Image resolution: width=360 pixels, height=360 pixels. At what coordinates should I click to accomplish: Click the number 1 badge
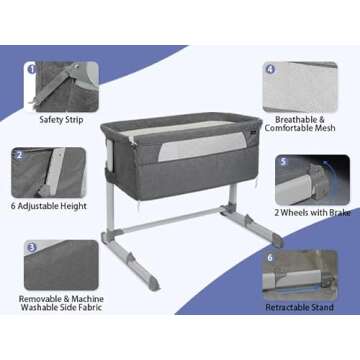pos(32,69)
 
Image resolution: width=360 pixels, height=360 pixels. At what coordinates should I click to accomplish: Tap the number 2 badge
pos(20,155)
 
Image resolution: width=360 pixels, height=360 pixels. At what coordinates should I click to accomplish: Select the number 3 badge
pos(32,248)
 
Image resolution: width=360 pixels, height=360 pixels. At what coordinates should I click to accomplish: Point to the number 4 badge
pos(270,70)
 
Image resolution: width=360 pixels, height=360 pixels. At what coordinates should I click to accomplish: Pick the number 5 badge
pos(283,162)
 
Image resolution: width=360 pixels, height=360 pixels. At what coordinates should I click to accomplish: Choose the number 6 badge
pos(270,257)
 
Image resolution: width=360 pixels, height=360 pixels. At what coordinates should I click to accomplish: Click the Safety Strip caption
pos(61,120)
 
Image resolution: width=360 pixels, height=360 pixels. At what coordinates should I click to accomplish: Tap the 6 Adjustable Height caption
pos(49,206)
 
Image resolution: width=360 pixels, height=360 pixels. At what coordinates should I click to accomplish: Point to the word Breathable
pos(295,119)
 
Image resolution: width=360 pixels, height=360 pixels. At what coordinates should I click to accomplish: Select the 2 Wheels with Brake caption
pos(312,213)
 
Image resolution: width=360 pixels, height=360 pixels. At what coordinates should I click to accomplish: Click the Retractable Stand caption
pos(299,307)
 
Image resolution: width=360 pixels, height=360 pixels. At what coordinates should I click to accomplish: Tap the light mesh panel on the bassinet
pos(201,146)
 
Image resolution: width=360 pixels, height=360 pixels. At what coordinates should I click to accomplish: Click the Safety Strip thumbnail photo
pos(61,87)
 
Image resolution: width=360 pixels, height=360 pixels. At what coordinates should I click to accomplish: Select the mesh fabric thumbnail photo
pos(300,87)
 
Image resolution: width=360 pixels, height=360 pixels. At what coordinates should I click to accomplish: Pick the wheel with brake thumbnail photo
pos(312,180)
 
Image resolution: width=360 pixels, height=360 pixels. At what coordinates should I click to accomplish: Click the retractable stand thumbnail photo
pos(300,275)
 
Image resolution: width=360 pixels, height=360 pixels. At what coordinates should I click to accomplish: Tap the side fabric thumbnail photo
pos(61,265)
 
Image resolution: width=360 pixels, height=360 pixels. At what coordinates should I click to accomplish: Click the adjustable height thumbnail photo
pos(49,173)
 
